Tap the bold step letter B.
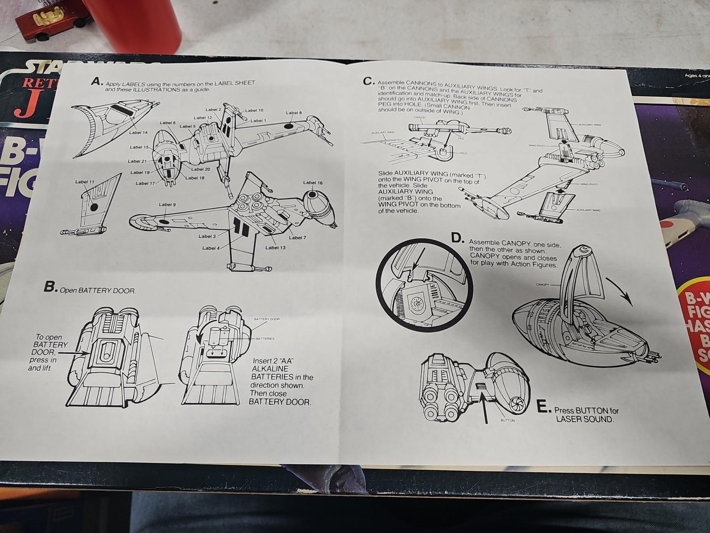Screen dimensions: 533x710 pyautogui.click(x=50, y=287)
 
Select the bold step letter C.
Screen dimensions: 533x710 pyautogui.click(x=368, y=81)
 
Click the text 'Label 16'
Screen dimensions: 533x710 pyautogui.click(x=313, y=183)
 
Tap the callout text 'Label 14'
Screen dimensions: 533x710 pyautogui.click(x=138, y=132)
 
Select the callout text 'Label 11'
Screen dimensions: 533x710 pyautogui.click(x=85, y=182)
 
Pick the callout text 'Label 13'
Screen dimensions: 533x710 pyautogui.click(x=275, y=247)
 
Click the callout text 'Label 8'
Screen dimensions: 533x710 pyautogui.click(x=293, y=113)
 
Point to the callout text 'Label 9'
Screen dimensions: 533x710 pyautogui.click(x=167, y=204)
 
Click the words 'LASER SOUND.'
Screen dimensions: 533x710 pyautogui.click(x=585, y=419)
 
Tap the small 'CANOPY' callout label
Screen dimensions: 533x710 pyautogui.click(x=542, y=285)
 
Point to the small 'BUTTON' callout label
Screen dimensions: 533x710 pyautogui.click(x=507, y=420)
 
